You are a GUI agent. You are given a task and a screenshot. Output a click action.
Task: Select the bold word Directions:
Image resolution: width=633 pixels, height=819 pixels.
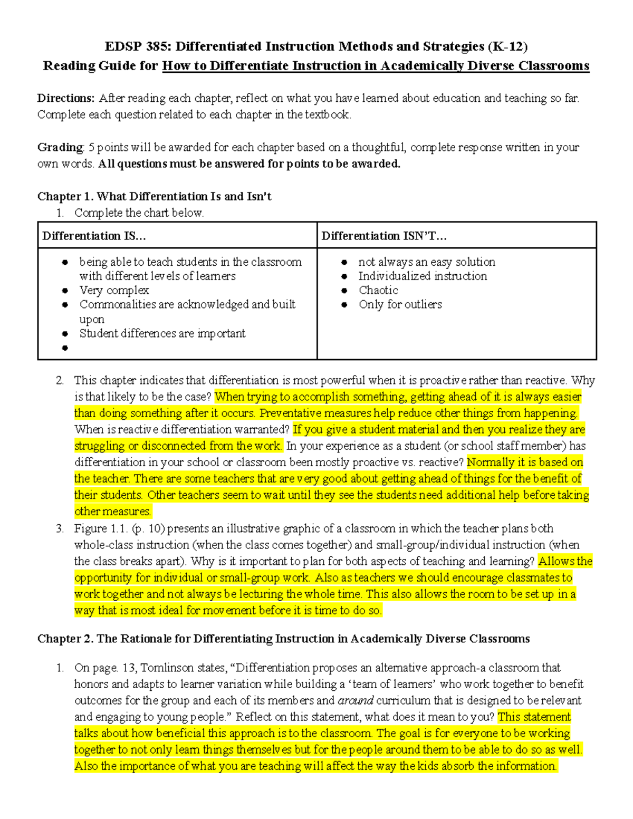point(66,98)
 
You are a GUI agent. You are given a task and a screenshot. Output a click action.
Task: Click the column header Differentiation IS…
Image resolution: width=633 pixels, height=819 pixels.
point(94,236)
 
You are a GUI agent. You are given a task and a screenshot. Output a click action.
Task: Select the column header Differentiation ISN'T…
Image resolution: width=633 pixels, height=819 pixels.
point(384,236)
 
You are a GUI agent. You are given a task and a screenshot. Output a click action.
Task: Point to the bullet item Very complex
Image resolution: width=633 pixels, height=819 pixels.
point(114,290)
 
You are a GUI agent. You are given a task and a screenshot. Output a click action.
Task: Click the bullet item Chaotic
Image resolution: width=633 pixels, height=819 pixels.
point(378,290)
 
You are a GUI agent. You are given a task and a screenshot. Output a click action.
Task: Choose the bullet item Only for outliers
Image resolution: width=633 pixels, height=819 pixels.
point(400,304)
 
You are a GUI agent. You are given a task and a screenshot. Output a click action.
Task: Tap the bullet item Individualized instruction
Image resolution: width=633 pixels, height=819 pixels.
point(423,276)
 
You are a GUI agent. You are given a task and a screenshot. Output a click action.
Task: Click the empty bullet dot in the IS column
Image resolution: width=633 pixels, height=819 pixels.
point(65,348)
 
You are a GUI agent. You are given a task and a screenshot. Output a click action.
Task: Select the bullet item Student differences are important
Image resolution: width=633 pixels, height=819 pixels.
point(162,333)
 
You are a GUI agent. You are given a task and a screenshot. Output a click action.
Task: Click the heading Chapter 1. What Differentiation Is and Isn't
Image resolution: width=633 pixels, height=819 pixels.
point(154,196)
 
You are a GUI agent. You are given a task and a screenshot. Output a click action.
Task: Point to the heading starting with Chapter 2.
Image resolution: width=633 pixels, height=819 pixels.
point(283,639)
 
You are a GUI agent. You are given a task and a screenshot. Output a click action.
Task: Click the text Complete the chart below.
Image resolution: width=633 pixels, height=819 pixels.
point(139,213)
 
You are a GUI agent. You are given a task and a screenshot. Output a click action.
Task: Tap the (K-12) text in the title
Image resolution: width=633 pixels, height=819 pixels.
point(507,46)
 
